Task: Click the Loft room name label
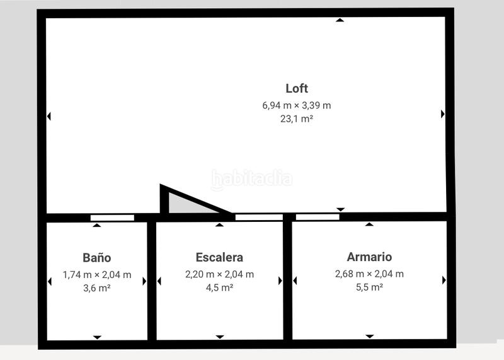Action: (296, 88)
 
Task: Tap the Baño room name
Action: (97, 258)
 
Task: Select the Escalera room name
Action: (219, 257)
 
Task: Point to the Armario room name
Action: (369, 257)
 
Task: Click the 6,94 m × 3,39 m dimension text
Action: (296, 105)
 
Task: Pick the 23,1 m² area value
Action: (296, 118)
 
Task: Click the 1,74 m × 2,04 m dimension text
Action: (97, 275)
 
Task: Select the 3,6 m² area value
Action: (97, 287)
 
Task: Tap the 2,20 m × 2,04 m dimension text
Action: (219, 274)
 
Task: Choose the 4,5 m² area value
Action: (219, 287)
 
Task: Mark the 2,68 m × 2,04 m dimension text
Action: (369, 274)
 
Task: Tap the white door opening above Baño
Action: (112, 218)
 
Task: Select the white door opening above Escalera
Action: (259, 218)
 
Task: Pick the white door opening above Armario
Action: (318, 218)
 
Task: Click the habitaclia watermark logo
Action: (251, 180)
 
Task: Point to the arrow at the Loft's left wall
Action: (49, 116)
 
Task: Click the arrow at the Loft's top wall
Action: (340, 20)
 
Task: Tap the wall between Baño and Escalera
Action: (151, 281)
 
